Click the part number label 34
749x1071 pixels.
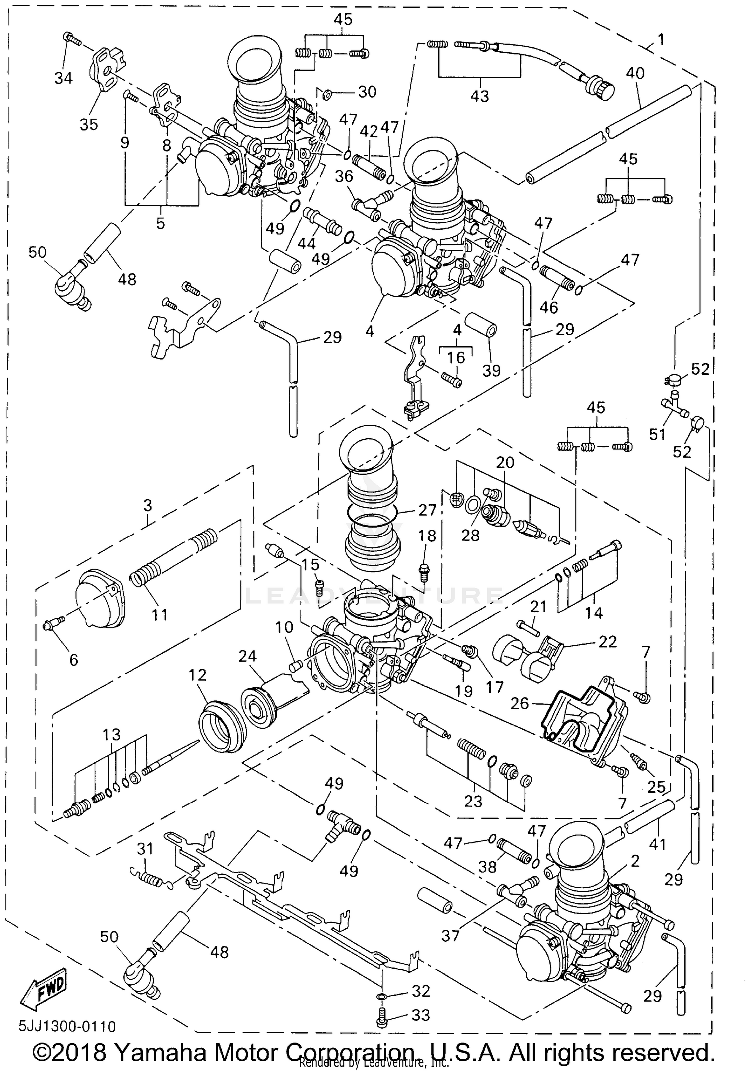click(x=63, y=78)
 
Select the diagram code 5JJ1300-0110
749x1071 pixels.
click(x=67, y=1026)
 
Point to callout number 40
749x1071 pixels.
click(x=635, y=73)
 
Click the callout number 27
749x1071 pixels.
click(x=428, y=510)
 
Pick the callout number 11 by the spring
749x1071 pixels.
click(x=159, y=614)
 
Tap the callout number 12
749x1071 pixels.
click(x=197, y=675)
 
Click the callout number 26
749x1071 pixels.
click(x=519, y=703)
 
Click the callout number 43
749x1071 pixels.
click(x=480, y=96)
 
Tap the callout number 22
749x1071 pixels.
click(x=607, y=641)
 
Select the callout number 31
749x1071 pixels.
click(x=145, y=848)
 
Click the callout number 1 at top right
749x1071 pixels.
click(x=661, y=39)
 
